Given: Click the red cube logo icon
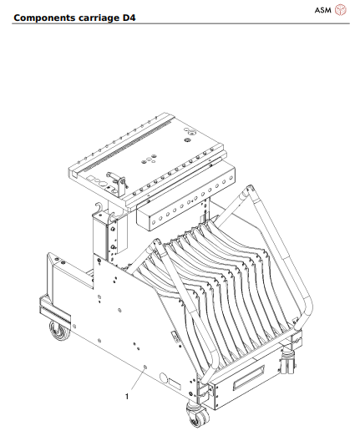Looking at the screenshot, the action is coord(341,9).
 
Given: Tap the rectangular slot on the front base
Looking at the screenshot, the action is coord(249,383).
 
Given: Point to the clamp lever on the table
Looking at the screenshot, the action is coord(117,180).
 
